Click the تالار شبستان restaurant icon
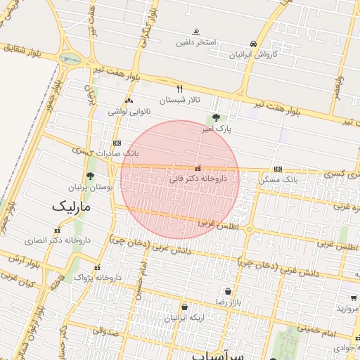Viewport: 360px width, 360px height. point(180,89)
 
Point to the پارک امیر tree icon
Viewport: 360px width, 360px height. point(216,118)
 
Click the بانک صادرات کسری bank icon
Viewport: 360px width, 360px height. point(117,142)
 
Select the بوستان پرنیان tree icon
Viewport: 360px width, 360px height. point(89,176)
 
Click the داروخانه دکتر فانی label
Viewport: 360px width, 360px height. point(198,179)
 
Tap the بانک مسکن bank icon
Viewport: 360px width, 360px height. point(278,169)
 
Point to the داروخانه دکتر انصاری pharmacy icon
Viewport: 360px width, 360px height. point(56,229)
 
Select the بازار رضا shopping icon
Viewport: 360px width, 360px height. point(228,291)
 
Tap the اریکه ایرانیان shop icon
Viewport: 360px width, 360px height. point(184,307)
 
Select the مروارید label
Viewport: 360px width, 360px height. point(347,308)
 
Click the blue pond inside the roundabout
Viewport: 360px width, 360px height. point(68,59)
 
